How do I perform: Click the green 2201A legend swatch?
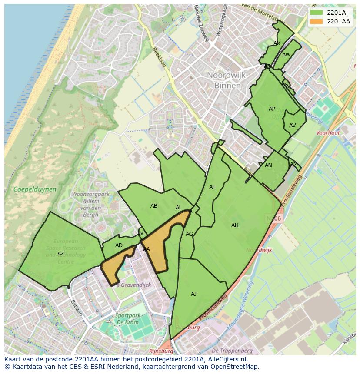pos(316,13)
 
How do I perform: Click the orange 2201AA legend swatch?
pos(316,21)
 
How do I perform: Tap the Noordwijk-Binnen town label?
pos(227,80)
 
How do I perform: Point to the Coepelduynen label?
pos(35,189)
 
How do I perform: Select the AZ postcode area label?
pos(61,254)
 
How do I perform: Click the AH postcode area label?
pos(235,225)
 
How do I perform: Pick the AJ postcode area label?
pos(193,294)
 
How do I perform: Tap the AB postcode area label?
pos(154,206)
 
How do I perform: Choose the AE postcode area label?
pos(212,187)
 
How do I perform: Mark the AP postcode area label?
pos(272,109)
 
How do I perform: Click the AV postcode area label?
pos(292,126)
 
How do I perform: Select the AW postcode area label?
pos(286,55)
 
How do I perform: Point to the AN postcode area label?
pos(268,165)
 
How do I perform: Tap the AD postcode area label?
pos(119,245)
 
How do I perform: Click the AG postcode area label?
pos(189,234)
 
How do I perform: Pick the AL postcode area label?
pos(179,208)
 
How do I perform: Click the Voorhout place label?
pos(328,133)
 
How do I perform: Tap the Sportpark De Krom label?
pos(127,319)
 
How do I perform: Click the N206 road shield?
pos(274,218)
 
